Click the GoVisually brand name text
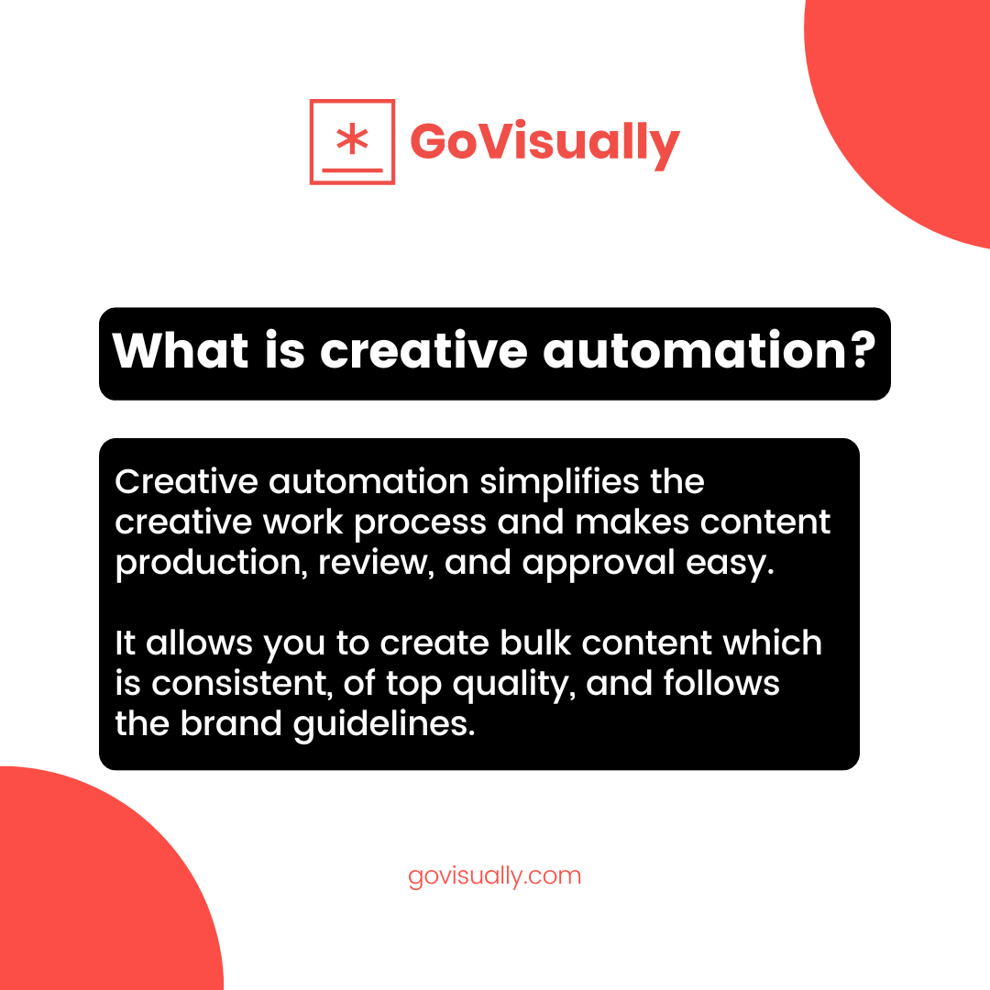click(x=544, y=143)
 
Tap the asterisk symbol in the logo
click(x=352, y=138)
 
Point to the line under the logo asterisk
click(x=352, y=170)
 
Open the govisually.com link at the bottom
click(x=495, y=875)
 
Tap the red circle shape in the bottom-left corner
click(x=82, y=898)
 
